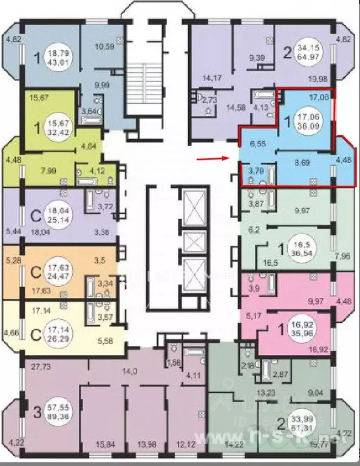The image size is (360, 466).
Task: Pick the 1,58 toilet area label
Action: coord(174,362)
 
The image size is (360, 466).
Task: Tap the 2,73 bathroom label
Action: coord(210,99)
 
